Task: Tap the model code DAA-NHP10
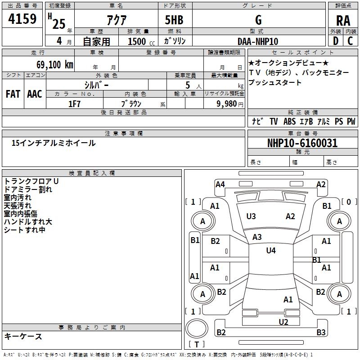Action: click(x=258, y=41)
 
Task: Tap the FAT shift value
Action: click(x=13, y=94)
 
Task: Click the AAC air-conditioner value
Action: click(x=35, y=94)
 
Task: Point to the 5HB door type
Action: click(x=175, y=20)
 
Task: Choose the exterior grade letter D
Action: click(x=335, y=41)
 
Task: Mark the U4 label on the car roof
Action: click(x=270, y=251)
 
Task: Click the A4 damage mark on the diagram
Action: click(x=220, y=184)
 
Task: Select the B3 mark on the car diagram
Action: click(x=320, y=333)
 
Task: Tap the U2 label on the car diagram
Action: click(x=283, y=322)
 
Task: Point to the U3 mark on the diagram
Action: click(x=251, y=216)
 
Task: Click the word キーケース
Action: click(x=23, y=336)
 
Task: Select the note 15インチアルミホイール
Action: click(x=54, y=143)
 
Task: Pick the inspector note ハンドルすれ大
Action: click(x=28, y=222)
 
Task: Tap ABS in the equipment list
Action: click(x=289, y=121)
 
